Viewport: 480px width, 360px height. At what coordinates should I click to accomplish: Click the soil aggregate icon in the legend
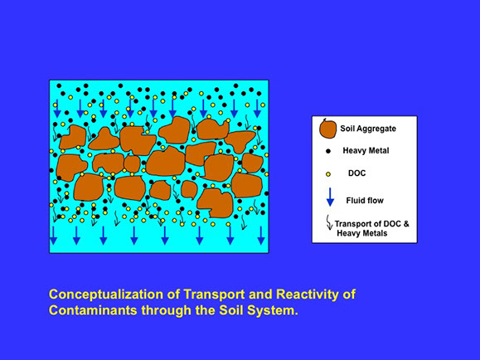coord(327,129)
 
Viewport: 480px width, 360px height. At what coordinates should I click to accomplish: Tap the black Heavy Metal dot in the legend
coord(328,151)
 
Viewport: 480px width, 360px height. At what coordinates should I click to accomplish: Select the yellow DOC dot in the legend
coord(328,174)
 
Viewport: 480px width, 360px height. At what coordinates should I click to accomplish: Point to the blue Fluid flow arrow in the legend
coord(330,197)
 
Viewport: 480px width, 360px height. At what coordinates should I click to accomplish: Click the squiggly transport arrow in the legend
coord(329,222)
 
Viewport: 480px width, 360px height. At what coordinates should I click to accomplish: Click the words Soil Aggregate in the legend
coord(368,129)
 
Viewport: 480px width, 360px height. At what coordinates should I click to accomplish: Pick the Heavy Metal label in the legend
coord(366,151)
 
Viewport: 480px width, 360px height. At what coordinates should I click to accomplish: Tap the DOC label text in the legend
coord(357,173)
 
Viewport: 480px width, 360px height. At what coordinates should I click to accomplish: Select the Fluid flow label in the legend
coord(365,201)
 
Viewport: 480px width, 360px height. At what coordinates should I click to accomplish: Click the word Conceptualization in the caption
coord(107,294)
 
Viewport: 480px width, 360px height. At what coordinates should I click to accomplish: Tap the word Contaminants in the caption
coord(93,310)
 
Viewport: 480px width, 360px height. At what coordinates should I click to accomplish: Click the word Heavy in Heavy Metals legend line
coord(348,233)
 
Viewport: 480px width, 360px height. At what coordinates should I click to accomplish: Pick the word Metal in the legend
coord(378,151)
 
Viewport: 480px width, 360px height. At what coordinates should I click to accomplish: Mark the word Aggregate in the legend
coord(378,129)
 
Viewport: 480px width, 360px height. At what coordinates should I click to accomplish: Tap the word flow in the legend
coord(376,201)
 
